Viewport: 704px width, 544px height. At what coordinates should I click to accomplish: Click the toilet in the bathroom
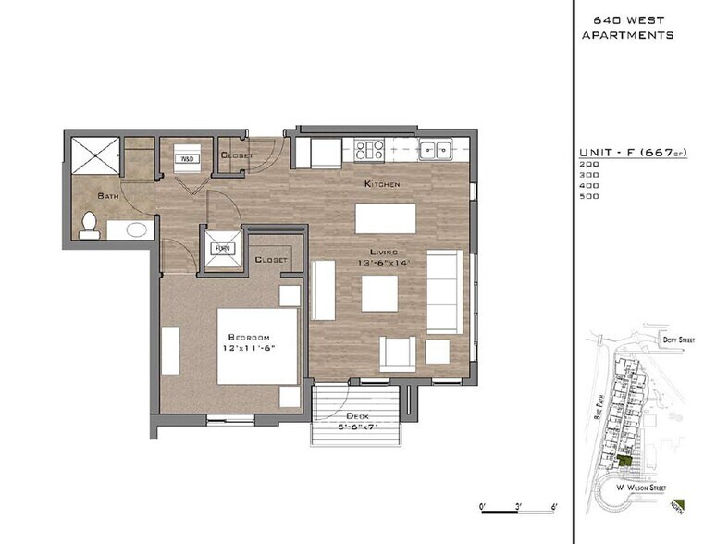coord(90,226)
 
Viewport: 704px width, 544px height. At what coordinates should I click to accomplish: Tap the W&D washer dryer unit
coord(187,158)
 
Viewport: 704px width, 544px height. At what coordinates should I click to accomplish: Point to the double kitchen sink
coord(433,148)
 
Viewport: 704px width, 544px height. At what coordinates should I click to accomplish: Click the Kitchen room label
coord(382,184)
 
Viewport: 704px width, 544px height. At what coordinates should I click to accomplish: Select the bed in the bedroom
coord(258,346)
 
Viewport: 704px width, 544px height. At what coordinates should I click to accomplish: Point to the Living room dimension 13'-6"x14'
coord(385,263)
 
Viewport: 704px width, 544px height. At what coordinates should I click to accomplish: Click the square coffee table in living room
coord(380,294)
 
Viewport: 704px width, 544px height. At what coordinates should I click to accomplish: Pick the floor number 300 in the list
coord(588,175)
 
